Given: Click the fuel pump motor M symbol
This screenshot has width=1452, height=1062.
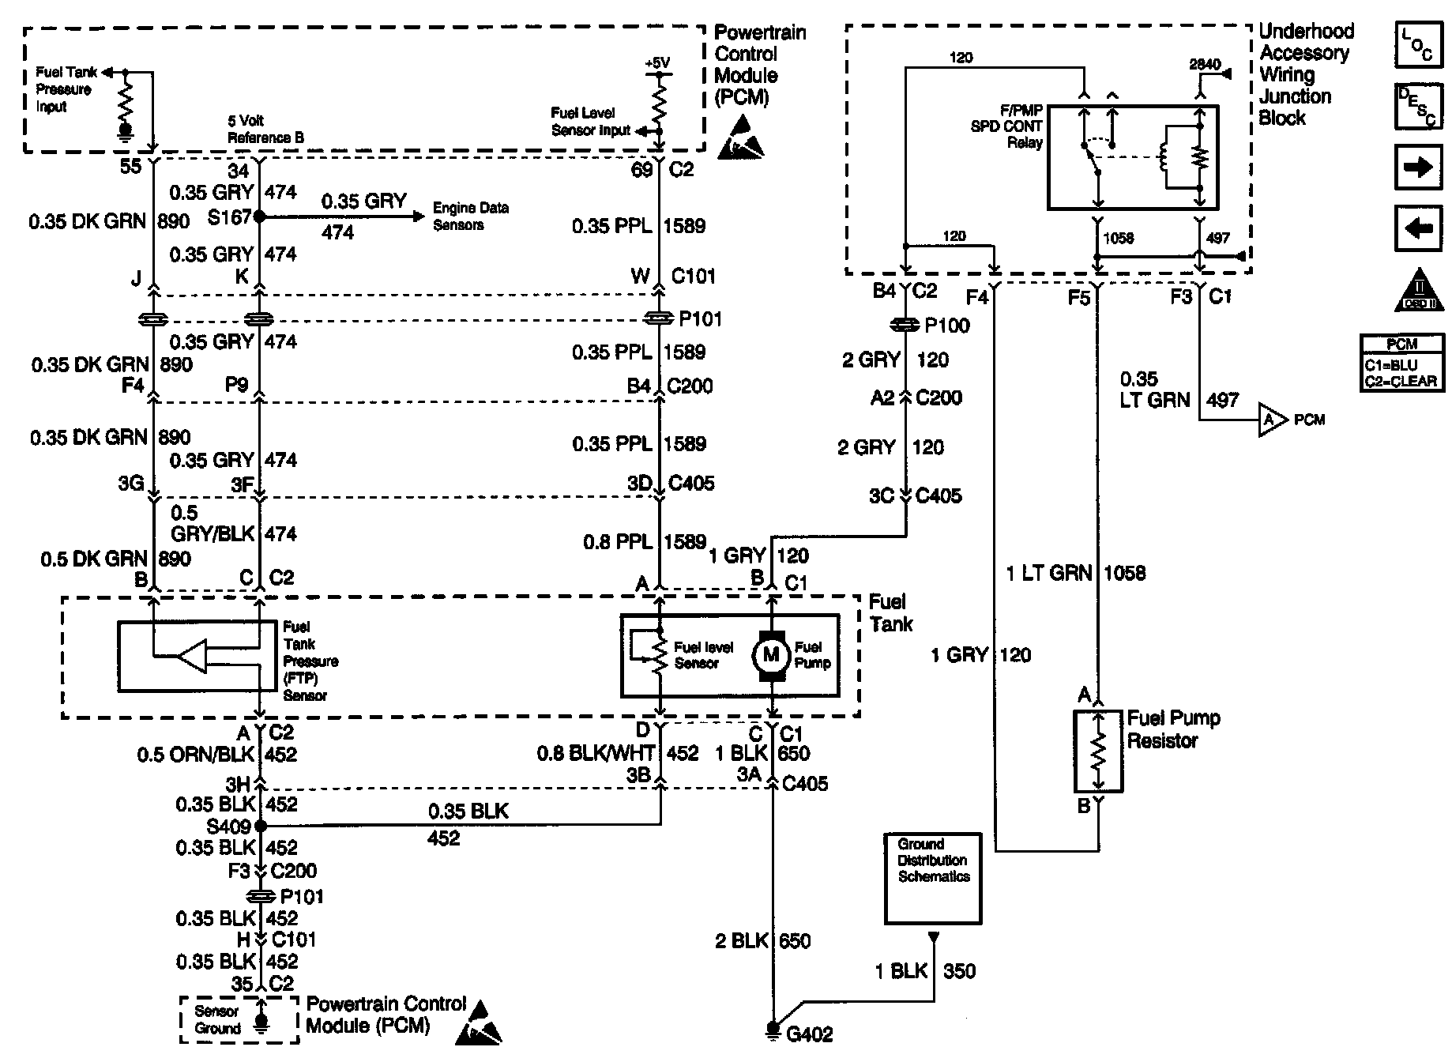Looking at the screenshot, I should click(770, 655).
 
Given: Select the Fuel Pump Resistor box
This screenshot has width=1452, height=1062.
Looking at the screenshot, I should click(1098, 751).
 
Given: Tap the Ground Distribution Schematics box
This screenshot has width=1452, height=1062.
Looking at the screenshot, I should click(933, 878).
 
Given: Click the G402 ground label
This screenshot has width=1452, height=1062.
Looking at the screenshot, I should click(810, 1034).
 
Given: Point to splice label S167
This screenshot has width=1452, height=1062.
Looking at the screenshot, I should click(229, 217).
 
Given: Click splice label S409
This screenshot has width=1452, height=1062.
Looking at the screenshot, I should click(229, 827).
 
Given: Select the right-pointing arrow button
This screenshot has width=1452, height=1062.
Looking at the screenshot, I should click(1419, 168).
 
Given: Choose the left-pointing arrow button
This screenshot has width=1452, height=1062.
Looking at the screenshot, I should click(1419, 228).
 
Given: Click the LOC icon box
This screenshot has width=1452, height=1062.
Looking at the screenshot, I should click(1419, 44).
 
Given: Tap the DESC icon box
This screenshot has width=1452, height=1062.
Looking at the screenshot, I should click(1419, 106).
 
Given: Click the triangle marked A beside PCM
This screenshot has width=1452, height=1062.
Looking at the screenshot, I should click(1270, 420).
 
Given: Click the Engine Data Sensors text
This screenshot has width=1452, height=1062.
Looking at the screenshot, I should click(470, 217).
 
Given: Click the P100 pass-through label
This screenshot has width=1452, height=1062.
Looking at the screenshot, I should click(946, 326).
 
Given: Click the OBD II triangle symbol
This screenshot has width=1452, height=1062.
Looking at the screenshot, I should click(1419, 291).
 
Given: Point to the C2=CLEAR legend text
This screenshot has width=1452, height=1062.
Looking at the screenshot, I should click(1401, 382).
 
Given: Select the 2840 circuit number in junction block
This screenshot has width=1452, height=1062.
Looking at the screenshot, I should click(1205, 65).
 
